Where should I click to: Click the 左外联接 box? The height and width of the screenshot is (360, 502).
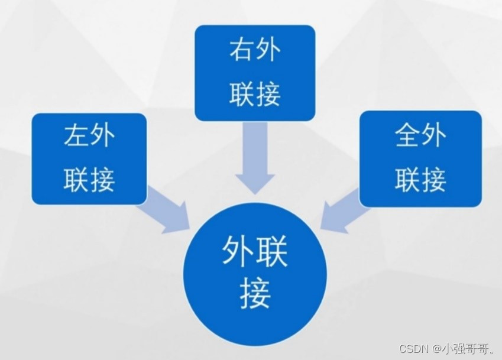[x=89, y=158]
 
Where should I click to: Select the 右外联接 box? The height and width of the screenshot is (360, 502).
[x=255, y=73]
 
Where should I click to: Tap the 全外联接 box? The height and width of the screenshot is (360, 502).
[x=420, y=158]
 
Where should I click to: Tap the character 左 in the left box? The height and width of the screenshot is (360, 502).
[x=76, y=137]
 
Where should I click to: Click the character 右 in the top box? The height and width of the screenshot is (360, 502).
[x=242, y=52]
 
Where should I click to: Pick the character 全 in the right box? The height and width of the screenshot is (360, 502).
[x=407, y=137]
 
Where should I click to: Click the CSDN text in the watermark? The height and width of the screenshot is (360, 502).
[x=413, y=348]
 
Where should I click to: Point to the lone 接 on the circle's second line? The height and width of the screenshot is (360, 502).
[x=255, y=293]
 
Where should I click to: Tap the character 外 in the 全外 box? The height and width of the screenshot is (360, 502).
[x=434, y=137]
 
